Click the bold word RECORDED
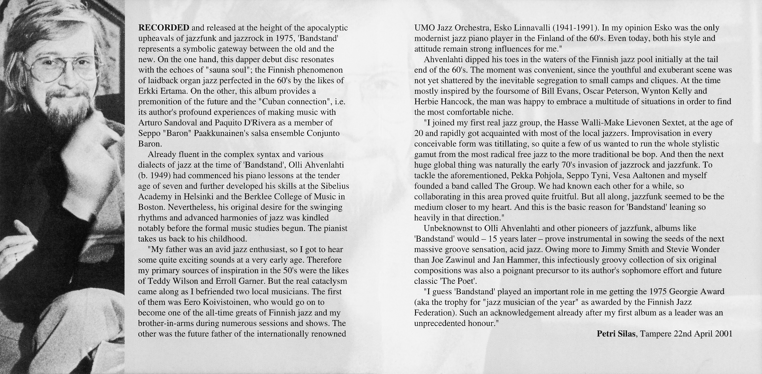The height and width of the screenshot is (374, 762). click(164, 28)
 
